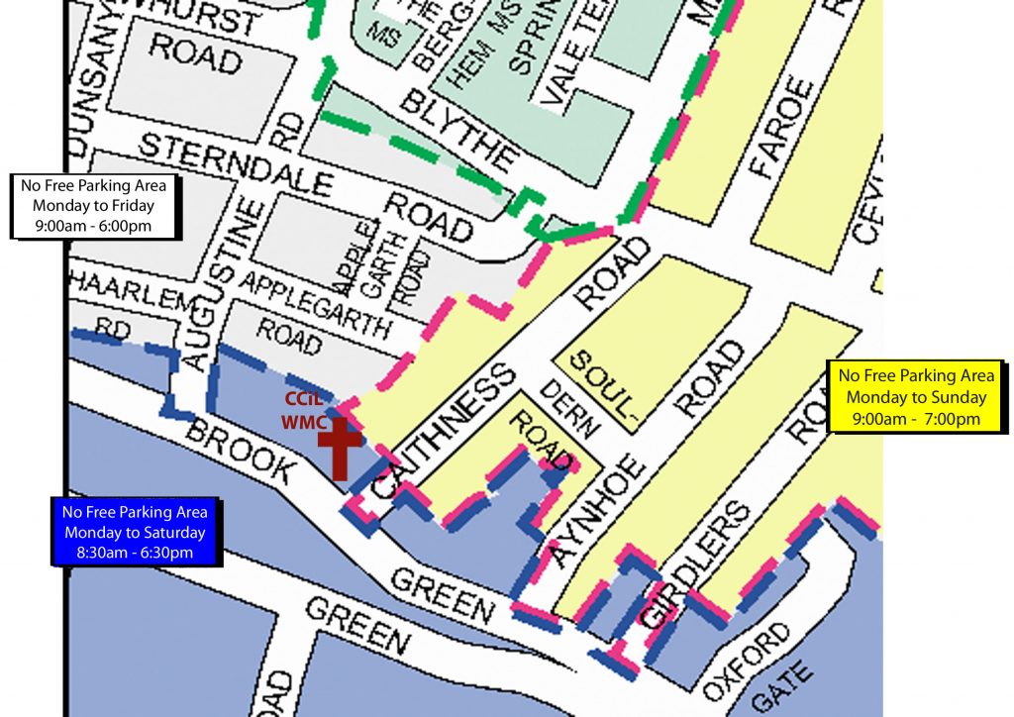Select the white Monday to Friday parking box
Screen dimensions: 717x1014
pos(93,207)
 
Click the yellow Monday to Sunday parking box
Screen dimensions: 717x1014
pos(916,397)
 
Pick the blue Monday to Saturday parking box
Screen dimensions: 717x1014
pos(135,532)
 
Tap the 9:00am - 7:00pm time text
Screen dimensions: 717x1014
pos(916,419)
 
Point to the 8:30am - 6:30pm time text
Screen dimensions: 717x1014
pos(135,553)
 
